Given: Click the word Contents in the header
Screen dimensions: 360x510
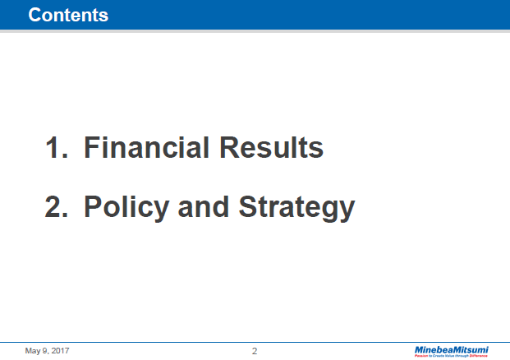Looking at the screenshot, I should tap(68, 15).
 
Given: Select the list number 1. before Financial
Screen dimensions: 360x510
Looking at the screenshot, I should tap(57, 149).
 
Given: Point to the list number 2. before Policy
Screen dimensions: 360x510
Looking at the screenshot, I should tap(57, 207).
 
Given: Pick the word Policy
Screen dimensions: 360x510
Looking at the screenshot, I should tap(124, 207).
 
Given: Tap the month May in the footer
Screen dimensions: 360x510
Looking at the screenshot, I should tap(33, 352).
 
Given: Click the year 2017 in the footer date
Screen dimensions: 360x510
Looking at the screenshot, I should tap(60, 351).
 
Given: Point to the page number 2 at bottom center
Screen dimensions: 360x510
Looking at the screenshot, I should tap(255, 351).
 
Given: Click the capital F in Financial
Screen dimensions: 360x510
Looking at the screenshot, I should tap(91, 149).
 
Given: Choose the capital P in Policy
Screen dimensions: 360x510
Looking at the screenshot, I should tap(93, 207).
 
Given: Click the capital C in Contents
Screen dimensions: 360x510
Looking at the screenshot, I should tap(34, 15).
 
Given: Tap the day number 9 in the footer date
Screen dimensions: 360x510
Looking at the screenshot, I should tap(45, 351).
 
